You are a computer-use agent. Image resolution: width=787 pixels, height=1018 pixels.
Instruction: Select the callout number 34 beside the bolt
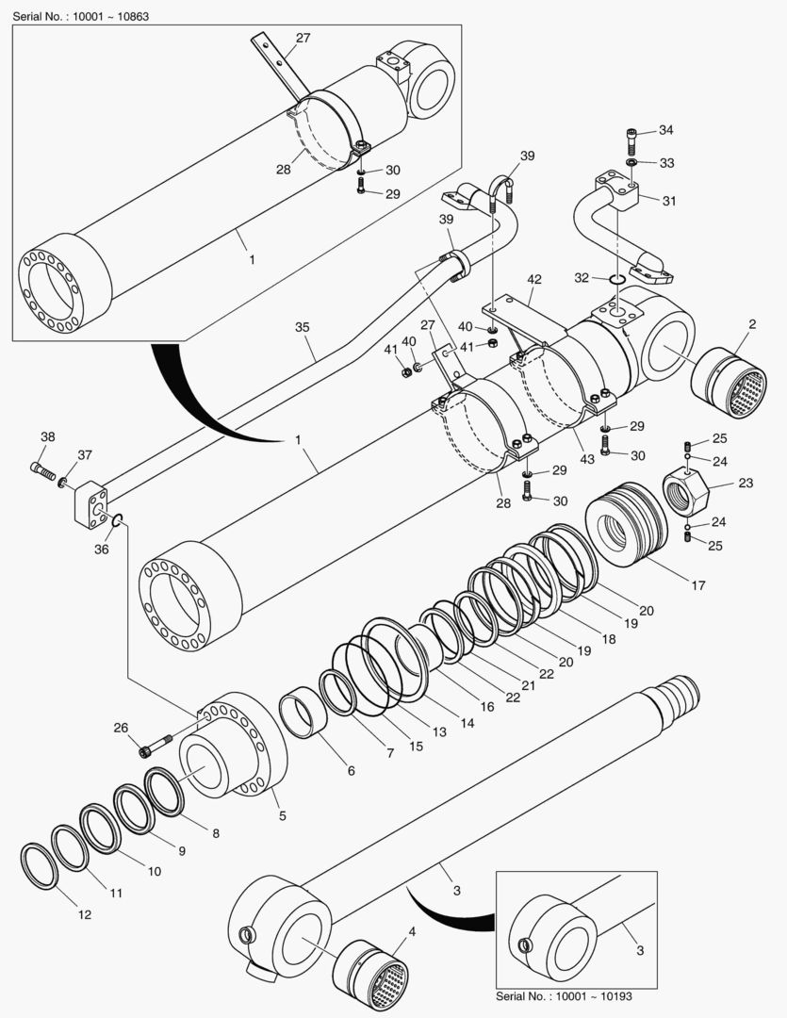click(666, 129)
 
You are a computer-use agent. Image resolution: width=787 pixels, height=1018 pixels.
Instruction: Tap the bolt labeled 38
click(42, 468)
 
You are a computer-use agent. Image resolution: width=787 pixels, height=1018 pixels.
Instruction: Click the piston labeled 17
click(626, 526)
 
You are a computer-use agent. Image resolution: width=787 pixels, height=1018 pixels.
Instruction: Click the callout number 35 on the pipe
click(302, 328)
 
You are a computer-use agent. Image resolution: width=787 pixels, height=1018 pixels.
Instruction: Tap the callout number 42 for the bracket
click(534, 279)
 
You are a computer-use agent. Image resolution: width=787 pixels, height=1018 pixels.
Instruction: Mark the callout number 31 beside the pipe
click(670, 201)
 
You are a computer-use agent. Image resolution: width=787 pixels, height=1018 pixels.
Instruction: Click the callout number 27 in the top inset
click(303, 38)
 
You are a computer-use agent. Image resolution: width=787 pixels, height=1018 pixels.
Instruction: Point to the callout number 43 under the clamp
click(586, 458)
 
